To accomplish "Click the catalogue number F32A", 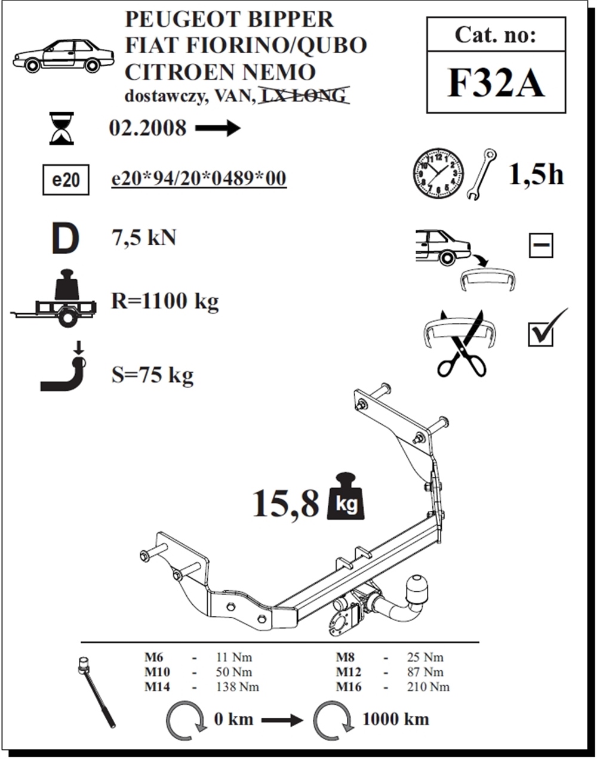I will pyautogui.click(x=496, y=84).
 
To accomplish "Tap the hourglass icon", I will pyautogui.click(x=61, y=128).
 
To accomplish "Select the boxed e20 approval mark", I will pyautogui.click(x=66, y=180).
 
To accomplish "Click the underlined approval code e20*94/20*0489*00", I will pyautogui.click(x=199, y=178).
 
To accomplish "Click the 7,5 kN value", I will pyautogui.click(x=144, y=237).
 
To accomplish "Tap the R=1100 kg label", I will pyautogui.click(x=165, y=301).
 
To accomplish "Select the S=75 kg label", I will pyautogui.click(x=152, y=375).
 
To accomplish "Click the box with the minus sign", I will pyautogui.click(x=541, y=245).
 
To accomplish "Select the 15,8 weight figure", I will pyautogui.click(x=285, y=502).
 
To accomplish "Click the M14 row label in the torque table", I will pyautogui.click(x=157, y=687).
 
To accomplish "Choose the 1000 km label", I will pyautogui.click(x=395, y=718).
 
